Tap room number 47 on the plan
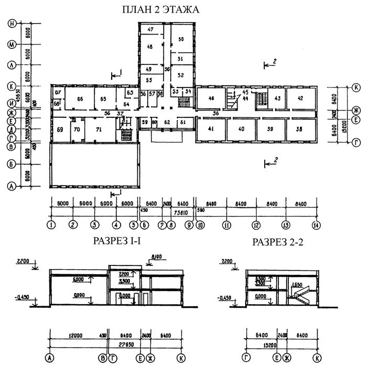pyautogui.click(x=150, y=30)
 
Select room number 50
pyautogui.click(x=181, y=39)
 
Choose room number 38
pyautogui.click(x=300, y=129)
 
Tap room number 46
pyautogui.click(x=211, y=98)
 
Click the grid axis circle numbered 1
pyautogui.click(x=51, y=225)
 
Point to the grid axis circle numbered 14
pyautogui.click(x=316, y=225)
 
